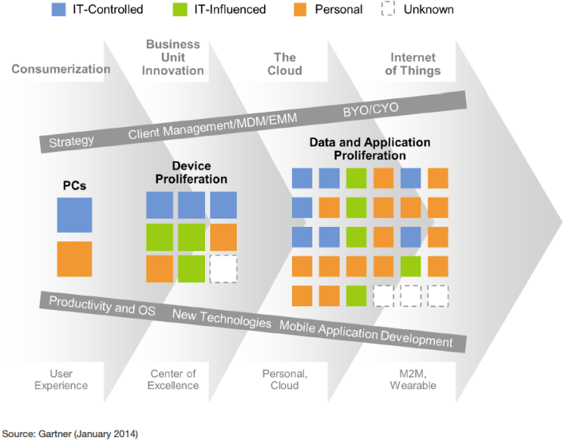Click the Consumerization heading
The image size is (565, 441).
(61, 69)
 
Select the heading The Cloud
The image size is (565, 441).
(284, 64)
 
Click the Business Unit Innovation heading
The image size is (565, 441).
(175, 57)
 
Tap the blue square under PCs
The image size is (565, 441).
(74, 215)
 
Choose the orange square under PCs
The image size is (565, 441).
(74, 259)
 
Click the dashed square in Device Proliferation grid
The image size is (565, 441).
(223, 269)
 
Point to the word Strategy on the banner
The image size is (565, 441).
(71, 141)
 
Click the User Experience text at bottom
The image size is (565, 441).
(61, 380)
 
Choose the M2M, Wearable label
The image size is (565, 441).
(412, 380)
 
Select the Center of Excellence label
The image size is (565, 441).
(174, 380)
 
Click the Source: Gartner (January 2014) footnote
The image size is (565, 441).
(70, 433)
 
